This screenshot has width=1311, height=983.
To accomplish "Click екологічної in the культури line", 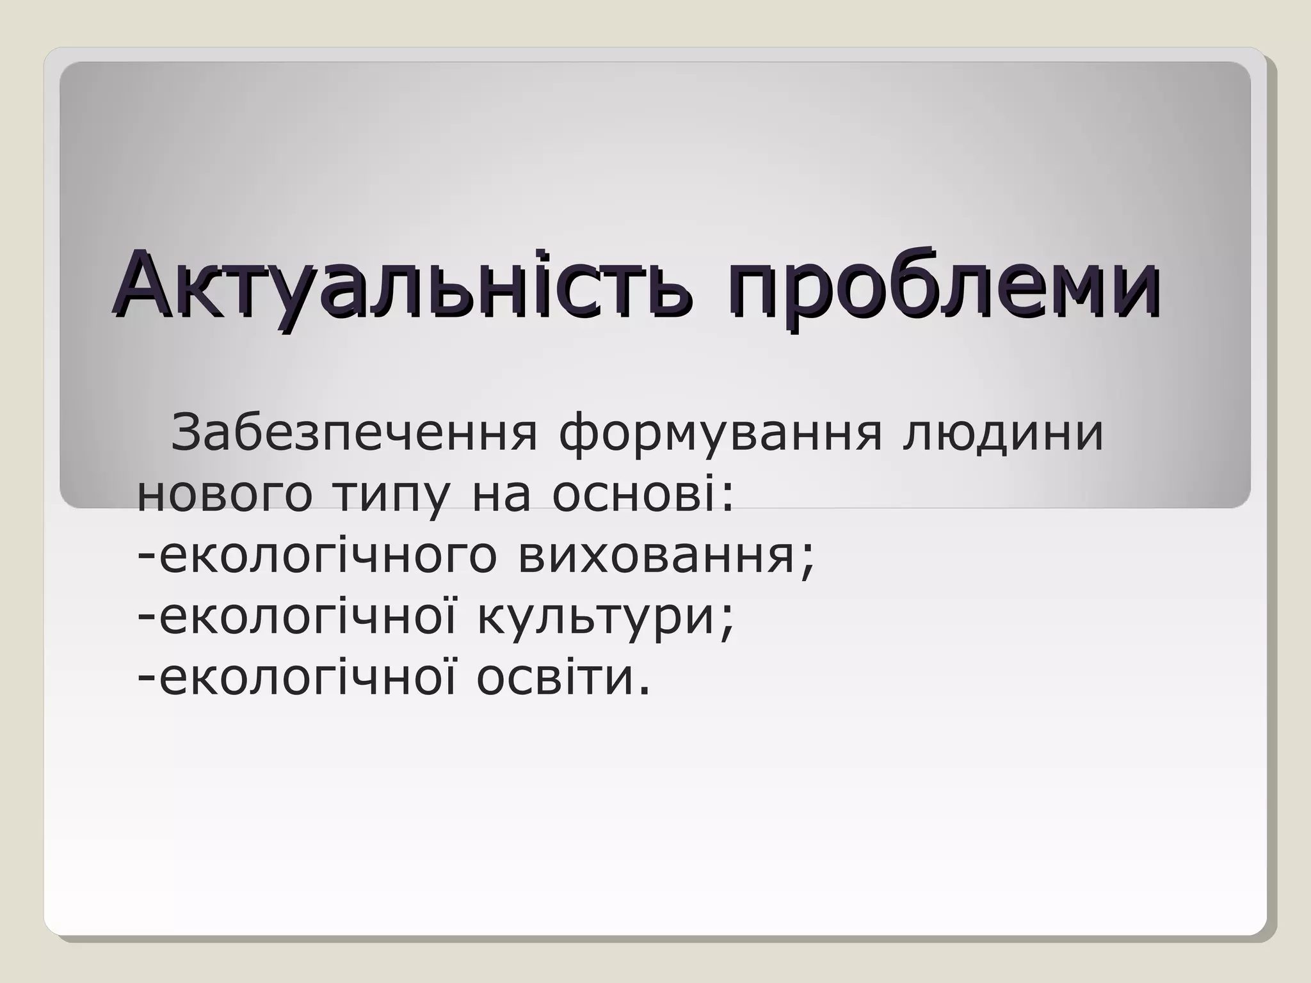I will pyautogui.click(x=307, y=617).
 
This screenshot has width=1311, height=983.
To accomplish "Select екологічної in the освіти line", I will pyautogui.click(x=307, y=678).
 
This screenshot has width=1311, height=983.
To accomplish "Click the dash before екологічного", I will pyautogui.click(x=147, y=556).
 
